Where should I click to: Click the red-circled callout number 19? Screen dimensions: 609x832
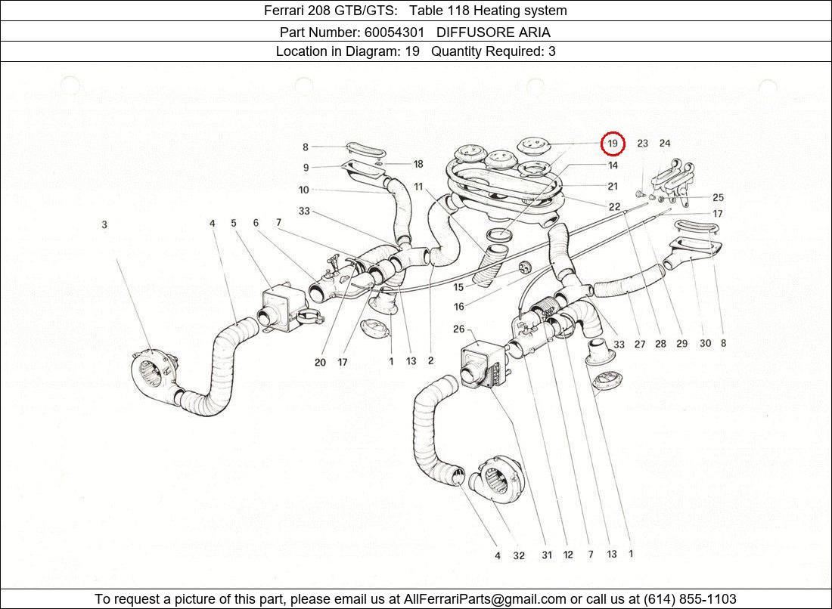tap(613, 144)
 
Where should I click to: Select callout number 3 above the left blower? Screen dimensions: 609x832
tap(104, 224)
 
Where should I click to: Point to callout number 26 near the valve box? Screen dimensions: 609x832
tap(459, 329)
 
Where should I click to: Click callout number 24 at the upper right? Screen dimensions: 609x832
tap(664, 144)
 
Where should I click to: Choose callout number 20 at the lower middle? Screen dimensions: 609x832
tap(320, 363)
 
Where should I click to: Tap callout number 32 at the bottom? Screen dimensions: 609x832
tap(519, 556)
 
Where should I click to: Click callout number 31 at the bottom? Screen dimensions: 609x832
tap(546, 555)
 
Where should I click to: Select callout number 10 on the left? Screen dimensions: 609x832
tap(303, 190)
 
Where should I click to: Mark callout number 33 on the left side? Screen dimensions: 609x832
tap(304, 212)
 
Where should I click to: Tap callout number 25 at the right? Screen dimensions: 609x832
tap(718, 198)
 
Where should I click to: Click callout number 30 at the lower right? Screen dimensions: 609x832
tap(705, 344)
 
